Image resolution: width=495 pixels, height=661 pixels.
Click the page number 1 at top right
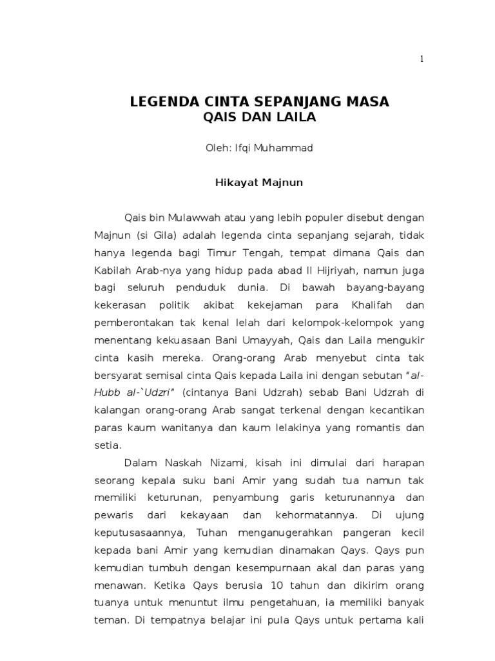tap(422, 59)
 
